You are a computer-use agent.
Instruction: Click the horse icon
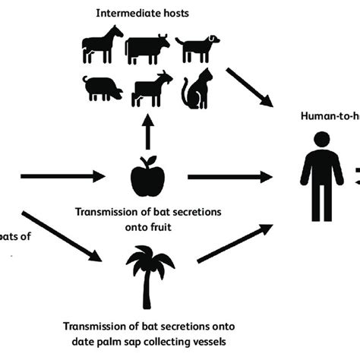pyautogui.click(x=102, y=45)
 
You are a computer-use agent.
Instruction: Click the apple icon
pyautogui.click(x=147, y=178)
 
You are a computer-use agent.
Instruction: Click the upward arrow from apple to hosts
pyautogui.click(x=147, y=134)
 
